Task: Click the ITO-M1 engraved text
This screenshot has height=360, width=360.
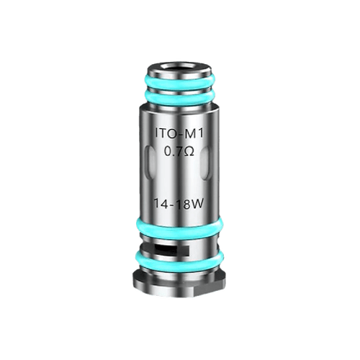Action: [x=179, y=135]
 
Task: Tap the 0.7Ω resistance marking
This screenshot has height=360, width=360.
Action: [x=179, y=152]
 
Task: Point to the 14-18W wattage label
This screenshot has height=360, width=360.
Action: [x=179, y=204]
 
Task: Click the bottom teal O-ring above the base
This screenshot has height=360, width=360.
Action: [x=179, y=261]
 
